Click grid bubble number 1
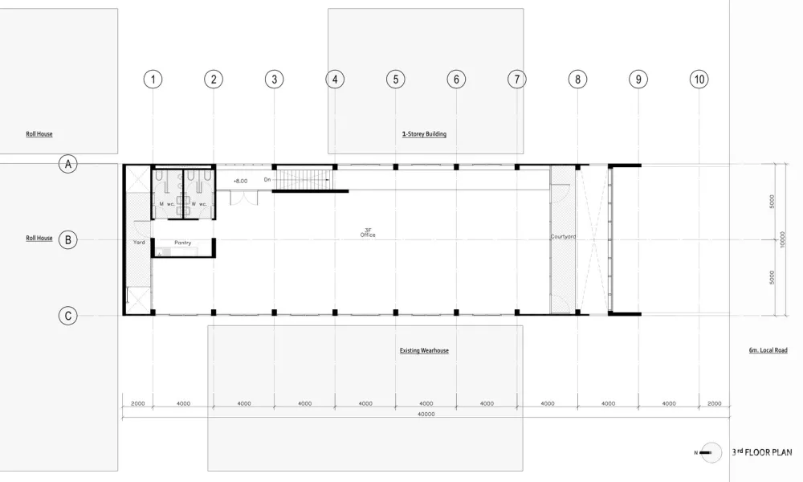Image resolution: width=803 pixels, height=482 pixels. click(153, 79)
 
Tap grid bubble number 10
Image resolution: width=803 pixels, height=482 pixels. click(699, 79)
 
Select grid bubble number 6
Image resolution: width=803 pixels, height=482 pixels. click(455, 79)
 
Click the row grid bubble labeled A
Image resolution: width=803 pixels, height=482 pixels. click(69, 164)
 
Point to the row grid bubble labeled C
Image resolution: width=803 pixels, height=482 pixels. click(69, 317)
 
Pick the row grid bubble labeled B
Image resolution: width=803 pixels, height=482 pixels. click(69, 239)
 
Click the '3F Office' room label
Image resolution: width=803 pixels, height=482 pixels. click(368, 232)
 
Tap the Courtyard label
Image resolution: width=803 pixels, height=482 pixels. click(563, 237)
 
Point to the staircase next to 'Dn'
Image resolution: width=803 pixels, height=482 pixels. click(303, 178)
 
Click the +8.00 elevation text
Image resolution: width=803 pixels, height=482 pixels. click(240, 182)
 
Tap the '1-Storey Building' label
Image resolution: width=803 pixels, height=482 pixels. click(424, 134)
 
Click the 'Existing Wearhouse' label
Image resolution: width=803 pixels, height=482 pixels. click(423, 351)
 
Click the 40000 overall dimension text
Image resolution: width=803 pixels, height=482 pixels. click(426, 415)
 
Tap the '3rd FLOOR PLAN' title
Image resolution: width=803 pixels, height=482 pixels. click(761, 453)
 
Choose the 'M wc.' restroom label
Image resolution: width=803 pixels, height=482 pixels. click(166, 204)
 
